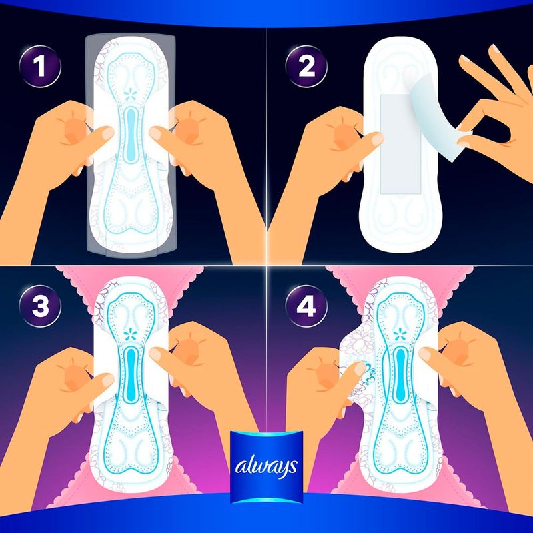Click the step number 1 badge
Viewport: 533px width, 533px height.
coord(40,67)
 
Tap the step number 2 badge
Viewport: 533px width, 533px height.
coord(306,67)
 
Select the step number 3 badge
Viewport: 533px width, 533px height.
coord(40,306)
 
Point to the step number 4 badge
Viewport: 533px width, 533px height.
coord(306,306)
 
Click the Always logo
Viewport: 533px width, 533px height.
coord(266,467)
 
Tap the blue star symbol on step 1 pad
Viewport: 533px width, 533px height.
coord(129,94)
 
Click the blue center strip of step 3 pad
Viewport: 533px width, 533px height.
coord(129,376)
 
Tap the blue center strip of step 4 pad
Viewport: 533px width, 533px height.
coord(400,376)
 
